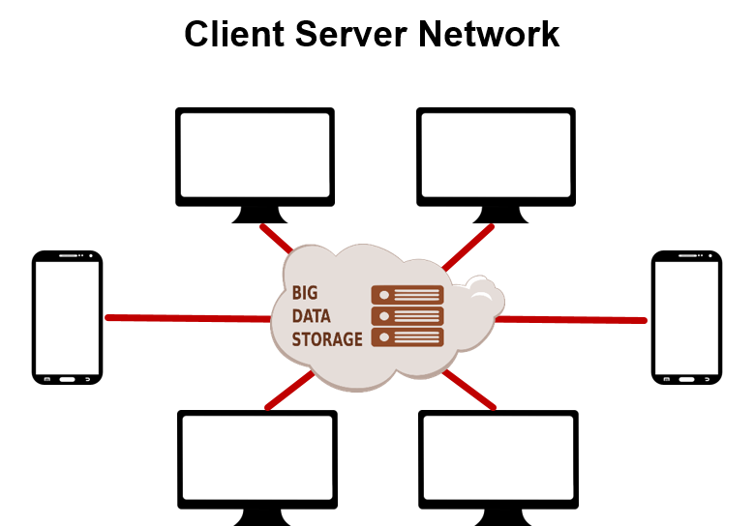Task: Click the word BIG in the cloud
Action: coord(305,293)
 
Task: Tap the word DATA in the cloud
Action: coord(312,316)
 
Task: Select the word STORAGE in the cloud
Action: coord(327,339)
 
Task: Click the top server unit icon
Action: coord(407,295)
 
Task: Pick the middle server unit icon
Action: coord(407,316)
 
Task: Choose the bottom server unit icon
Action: coord(407,337)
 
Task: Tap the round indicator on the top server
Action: coord(384,295)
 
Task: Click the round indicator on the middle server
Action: coord(384,316)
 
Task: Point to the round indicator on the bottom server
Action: coord(384,337)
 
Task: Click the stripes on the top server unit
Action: coord(417,295)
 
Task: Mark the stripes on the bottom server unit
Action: coord(417,337)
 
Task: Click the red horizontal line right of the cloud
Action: coord(581,319)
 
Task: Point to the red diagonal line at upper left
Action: coord(276,238)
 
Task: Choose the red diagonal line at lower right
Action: coord(470,390)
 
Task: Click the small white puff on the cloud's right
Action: coord(482,294)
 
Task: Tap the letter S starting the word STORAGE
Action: coord(296,339)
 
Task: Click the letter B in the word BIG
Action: coord(297,293)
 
